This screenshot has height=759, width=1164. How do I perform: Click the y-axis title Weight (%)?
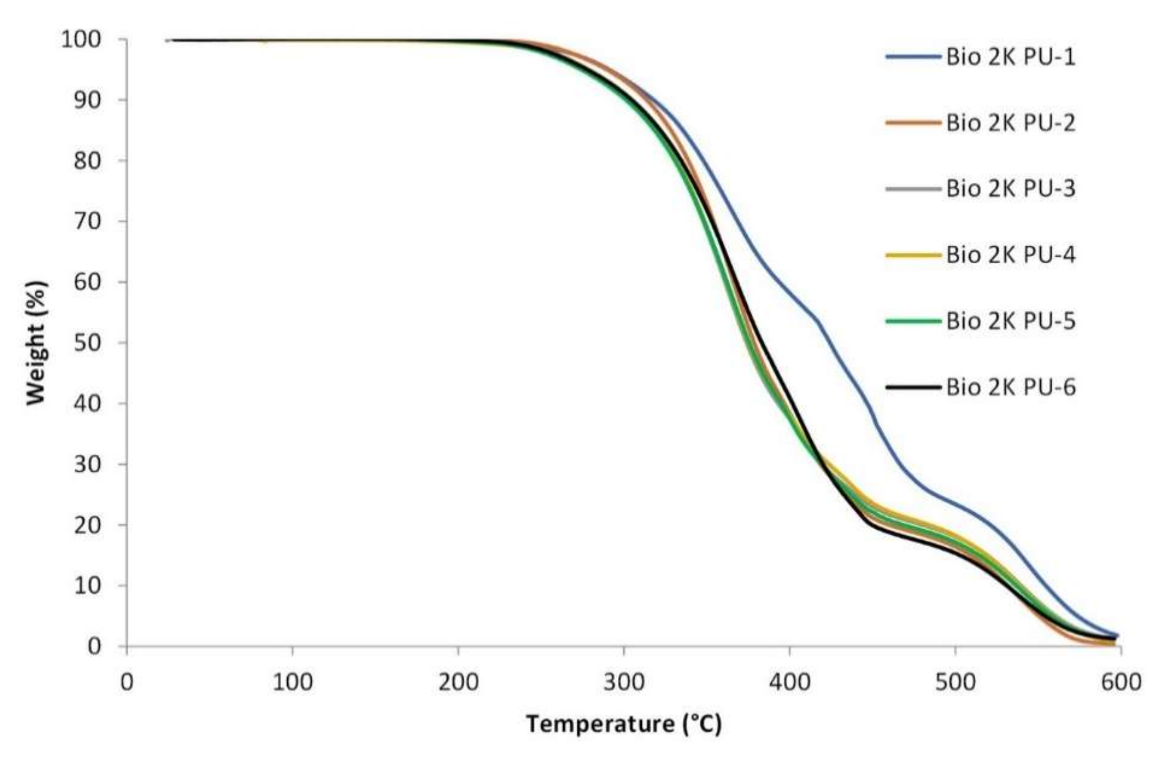(x=36, y=342)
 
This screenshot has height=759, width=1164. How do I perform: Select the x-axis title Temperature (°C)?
(x=623, y=724)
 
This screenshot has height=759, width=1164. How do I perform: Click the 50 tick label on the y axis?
(x=88, y=343)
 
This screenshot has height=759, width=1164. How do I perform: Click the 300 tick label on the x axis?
(x=623, y=682)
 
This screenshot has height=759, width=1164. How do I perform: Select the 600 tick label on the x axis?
(x=1121, y=682)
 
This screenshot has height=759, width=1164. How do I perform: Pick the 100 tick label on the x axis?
(x=292, y=682)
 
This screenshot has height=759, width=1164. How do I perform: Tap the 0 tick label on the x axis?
(x=127, y=682)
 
